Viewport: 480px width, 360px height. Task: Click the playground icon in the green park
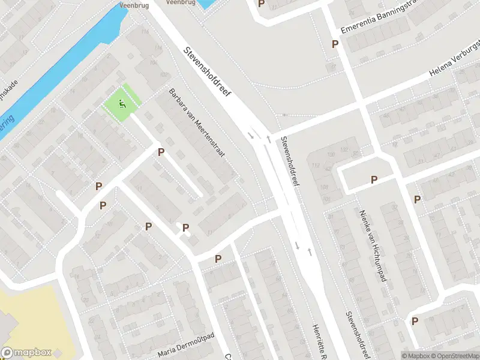[123, 106]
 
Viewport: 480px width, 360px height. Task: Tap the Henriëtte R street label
[317, 339]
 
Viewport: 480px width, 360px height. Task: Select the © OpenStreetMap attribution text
[453, 356]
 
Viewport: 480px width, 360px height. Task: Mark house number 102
[344, 150]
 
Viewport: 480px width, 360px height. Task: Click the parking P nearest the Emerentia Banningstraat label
[335, 44]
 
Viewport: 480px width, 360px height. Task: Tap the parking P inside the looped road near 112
[374, 179]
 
